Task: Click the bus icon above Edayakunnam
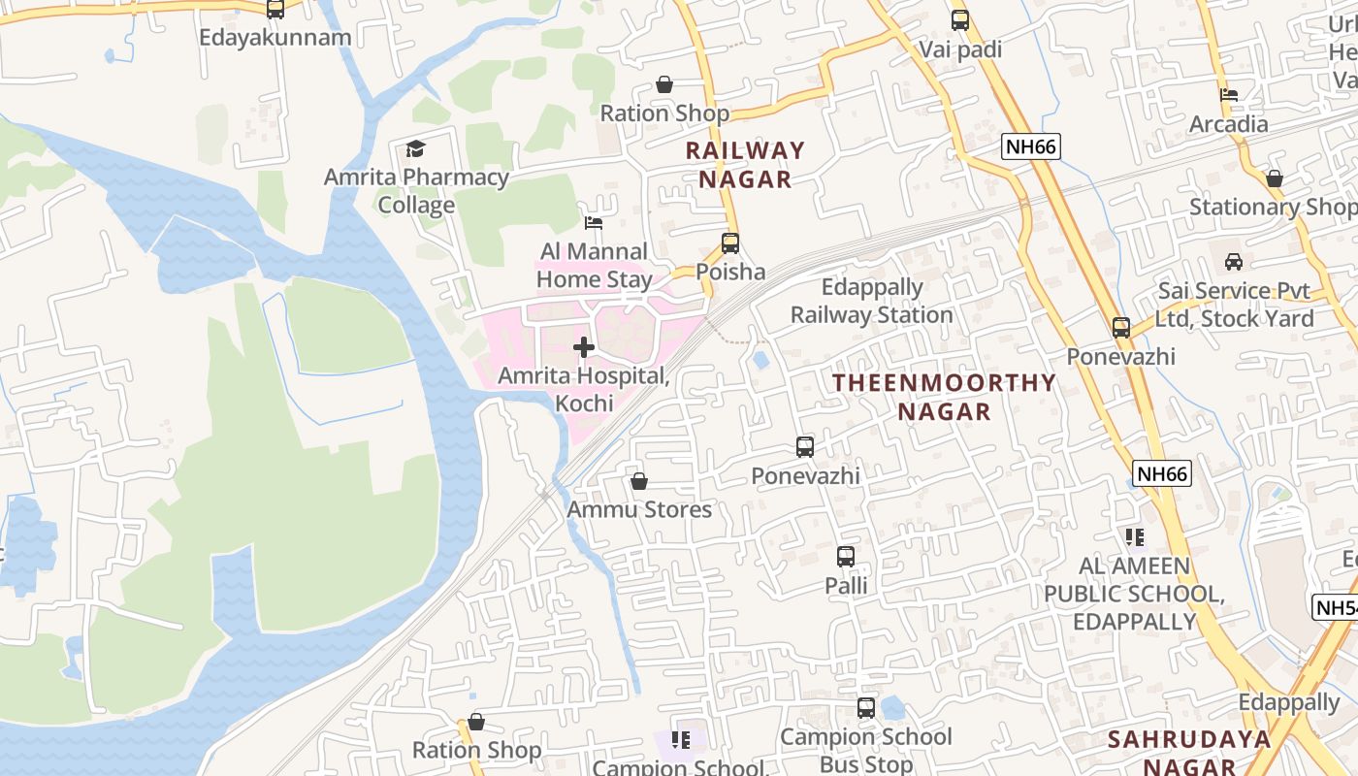[x=275, y=9]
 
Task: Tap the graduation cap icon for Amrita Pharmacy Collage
[x=415, y=148]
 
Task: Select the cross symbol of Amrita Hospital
[x=584, y=346]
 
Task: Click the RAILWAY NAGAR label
[x=745, y=164]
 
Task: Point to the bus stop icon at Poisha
[x=730, y=243]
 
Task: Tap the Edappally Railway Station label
[x=871, y=301]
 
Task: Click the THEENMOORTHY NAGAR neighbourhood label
[x=944, y=396]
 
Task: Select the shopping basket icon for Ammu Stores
[x=639, y=481]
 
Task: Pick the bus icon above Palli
[x=846, y=557]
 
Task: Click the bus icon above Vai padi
[x=960, y=19]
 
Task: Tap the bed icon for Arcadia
[x=1229, y=95]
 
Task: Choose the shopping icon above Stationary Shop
[x=1275, y=178]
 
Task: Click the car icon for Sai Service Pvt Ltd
[x=1234, y=262]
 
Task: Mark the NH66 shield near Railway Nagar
[x=1031, y=147]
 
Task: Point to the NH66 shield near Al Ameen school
[x=1162, y=474]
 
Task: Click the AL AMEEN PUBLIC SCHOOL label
[x=1133, y=593]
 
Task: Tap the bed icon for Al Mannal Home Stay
[x=594, y=223]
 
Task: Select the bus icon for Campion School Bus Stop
[x=866, y=708]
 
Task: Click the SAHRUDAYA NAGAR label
[x=1189, y=752]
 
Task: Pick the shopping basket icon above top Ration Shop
[x=664, y=85]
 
